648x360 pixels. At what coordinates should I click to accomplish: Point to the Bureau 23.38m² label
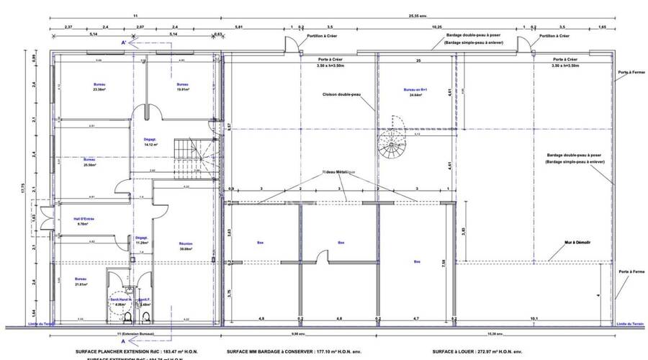pyautogui.click(x=99, y=87)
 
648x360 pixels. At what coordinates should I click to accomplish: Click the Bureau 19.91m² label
pyautogui.click(x=182, y=87)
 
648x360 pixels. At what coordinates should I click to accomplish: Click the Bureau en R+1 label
pyautogui.click(x=415, y=91)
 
